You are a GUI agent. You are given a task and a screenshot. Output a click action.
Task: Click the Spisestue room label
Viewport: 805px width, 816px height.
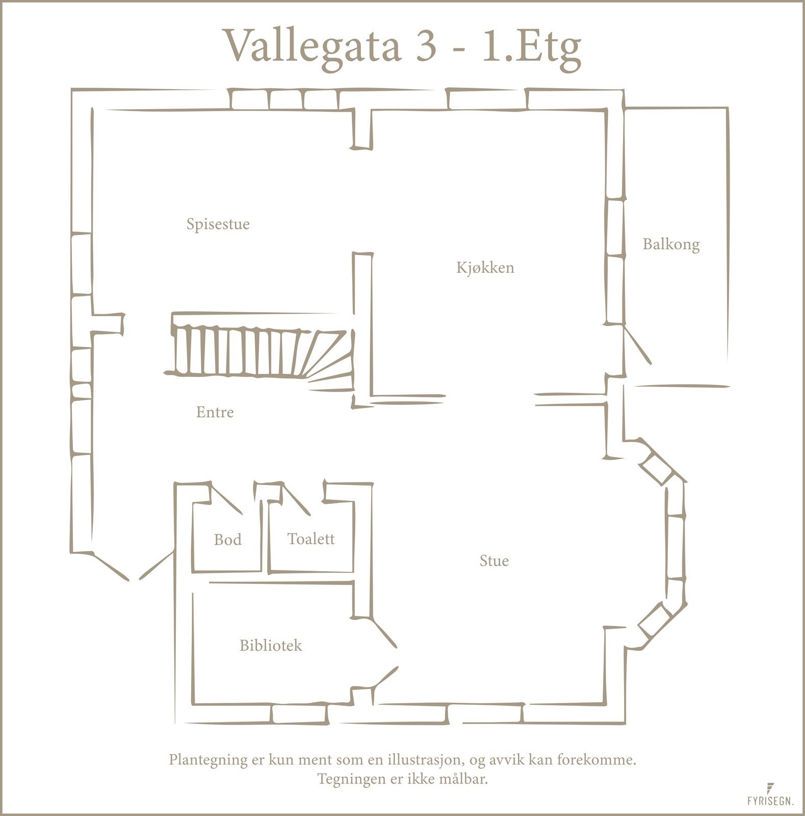pyautogui.click(x=218, y=224)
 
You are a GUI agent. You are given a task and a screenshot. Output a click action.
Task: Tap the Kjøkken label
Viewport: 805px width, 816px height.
pyautogui.click(x=485, y=268)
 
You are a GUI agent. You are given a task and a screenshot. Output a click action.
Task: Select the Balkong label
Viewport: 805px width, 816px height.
pyautogui.click(x=670, y=244)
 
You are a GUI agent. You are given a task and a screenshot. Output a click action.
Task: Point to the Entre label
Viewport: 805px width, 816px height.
pyautogui.click(x=215, y=412)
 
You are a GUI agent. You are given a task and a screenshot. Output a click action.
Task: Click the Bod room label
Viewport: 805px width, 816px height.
pyautogui.click(x=227, y=540)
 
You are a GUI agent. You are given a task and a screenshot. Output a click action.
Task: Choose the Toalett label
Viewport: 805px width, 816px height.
pyautogui.click(x=310, y=539)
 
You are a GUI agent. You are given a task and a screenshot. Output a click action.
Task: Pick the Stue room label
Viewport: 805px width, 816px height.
pyautogui.click(x=494, y=561)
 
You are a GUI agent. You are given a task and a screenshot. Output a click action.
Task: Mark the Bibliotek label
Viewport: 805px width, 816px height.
pyautogui.click(x=271, y=646)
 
